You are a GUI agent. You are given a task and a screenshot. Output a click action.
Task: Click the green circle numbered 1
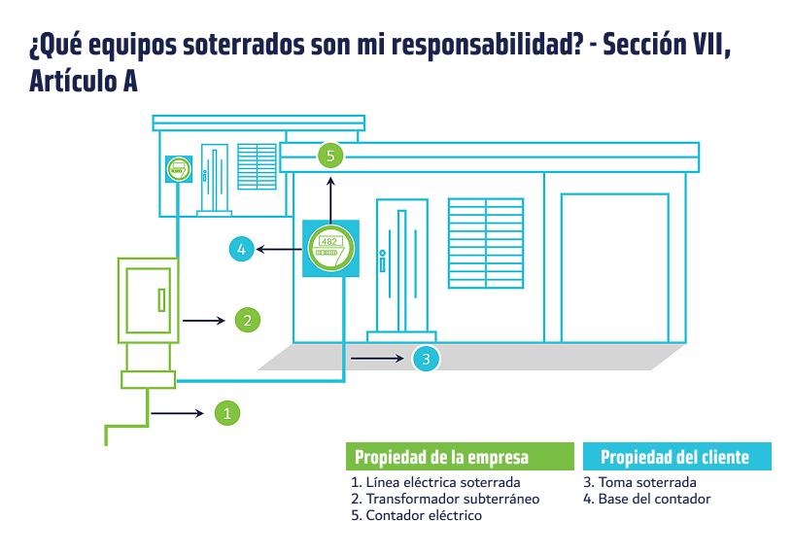(x=227, y=413)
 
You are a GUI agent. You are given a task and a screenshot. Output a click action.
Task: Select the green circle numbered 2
(x=247, y=320)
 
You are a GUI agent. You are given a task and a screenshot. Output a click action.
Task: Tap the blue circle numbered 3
(x=426, y=359)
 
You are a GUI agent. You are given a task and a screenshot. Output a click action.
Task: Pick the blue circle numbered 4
(x=241, y=249)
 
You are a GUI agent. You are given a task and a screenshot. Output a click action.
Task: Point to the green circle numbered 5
(x=330, y=156)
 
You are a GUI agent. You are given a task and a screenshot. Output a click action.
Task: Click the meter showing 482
(x=330, y=249)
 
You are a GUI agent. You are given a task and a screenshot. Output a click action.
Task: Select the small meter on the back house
(x=179, y=169)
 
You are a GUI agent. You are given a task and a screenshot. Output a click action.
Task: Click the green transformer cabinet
(x=148, y=300)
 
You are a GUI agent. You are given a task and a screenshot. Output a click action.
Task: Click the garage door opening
(x=615, y=267)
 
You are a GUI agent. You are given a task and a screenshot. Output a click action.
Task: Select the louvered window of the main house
(x=486, y=243)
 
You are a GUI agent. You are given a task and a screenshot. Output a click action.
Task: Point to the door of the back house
(x=215, y=178)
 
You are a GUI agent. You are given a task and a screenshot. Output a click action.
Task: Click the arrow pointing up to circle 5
(x=330, y=200)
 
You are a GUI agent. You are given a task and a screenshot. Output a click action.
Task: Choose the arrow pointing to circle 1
(x=177, y=413)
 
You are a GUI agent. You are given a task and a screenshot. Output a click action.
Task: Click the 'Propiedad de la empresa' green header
(x=460, y=456)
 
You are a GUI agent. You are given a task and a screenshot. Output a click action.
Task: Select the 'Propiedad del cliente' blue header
(x=677, y=456)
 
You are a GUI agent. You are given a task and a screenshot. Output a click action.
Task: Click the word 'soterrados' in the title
(x=244, y=45)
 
